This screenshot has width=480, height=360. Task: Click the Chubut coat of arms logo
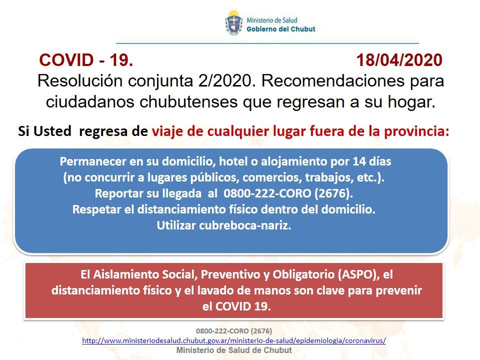[234, 23]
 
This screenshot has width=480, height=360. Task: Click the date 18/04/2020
[399, 60]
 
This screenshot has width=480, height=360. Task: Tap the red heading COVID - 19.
[86, 60]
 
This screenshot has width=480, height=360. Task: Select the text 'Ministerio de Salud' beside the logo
[272, 20]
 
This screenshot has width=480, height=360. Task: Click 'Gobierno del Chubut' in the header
[280, 29]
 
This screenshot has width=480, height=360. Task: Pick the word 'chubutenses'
[188, 102]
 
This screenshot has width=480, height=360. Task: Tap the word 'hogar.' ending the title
[411, 102]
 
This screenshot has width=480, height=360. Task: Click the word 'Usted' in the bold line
[52, 131]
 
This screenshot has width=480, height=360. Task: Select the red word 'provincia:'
[416, 131]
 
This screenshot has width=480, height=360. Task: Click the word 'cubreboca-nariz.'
[245, 225]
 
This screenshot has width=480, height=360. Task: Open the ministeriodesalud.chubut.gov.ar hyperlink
[234, 340]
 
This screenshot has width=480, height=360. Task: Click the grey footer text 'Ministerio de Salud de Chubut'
[234, 350]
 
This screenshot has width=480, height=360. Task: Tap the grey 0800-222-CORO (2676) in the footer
[234, 331]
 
